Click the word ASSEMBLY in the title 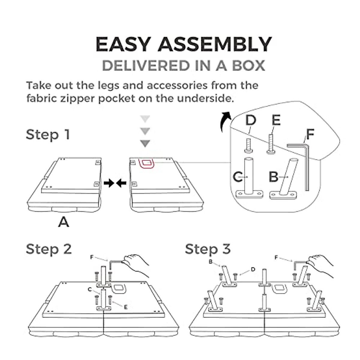pos(214,44)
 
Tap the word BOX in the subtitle pos(249,66)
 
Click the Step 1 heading pos(48,134)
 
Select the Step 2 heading pos(49,249)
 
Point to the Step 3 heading pos(208,249)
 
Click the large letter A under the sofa pos(64,222)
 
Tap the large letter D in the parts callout pos(250,120)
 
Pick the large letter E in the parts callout pos(276,120)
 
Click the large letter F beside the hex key pos(310,135)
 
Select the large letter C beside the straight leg pos(238,177)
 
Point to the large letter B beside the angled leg pos(274,177)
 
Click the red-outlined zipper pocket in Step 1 pos(146,163)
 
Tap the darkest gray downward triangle pos(145,143)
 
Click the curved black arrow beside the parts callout pos(225,121)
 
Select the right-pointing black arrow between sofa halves pos(109,183)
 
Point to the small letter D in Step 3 pos(253,269)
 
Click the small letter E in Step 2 pos(126,307)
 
